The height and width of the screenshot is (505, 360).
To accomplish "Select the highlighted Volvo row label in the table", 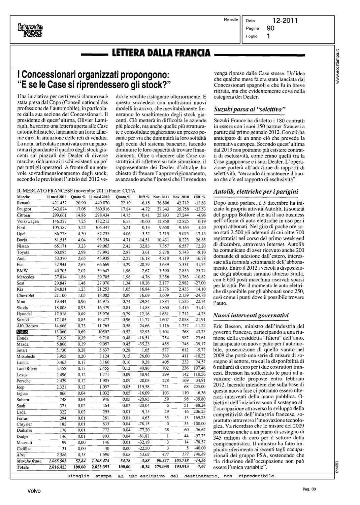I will (x=22, y=332).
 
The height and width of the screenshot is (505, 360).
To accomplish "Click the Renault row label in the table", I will (x=24, y=203).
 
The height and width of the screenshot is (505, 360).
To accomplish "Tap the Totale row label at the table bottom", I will (x=23, y=467).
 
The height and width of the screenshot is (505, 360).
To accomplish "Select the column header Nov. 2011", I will (x=161, y=197).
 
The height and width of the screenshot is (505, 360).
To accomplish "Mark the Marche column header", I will (x=23, y=197).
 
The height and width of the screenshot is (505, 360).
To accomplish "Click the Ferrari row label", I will (x=23, y=418).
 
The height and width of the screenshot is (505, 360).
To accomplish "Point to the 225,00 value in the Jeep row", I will (x=199, y=387).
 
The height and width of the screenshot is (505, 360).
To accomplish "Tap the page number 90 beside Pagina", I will (x=270, y=28).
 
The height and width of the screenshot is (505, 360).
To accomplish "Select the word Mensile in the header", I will (x=231, y=20).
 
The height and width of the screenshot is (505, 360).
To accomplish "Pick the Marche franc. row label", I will (x=30, y=461).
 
